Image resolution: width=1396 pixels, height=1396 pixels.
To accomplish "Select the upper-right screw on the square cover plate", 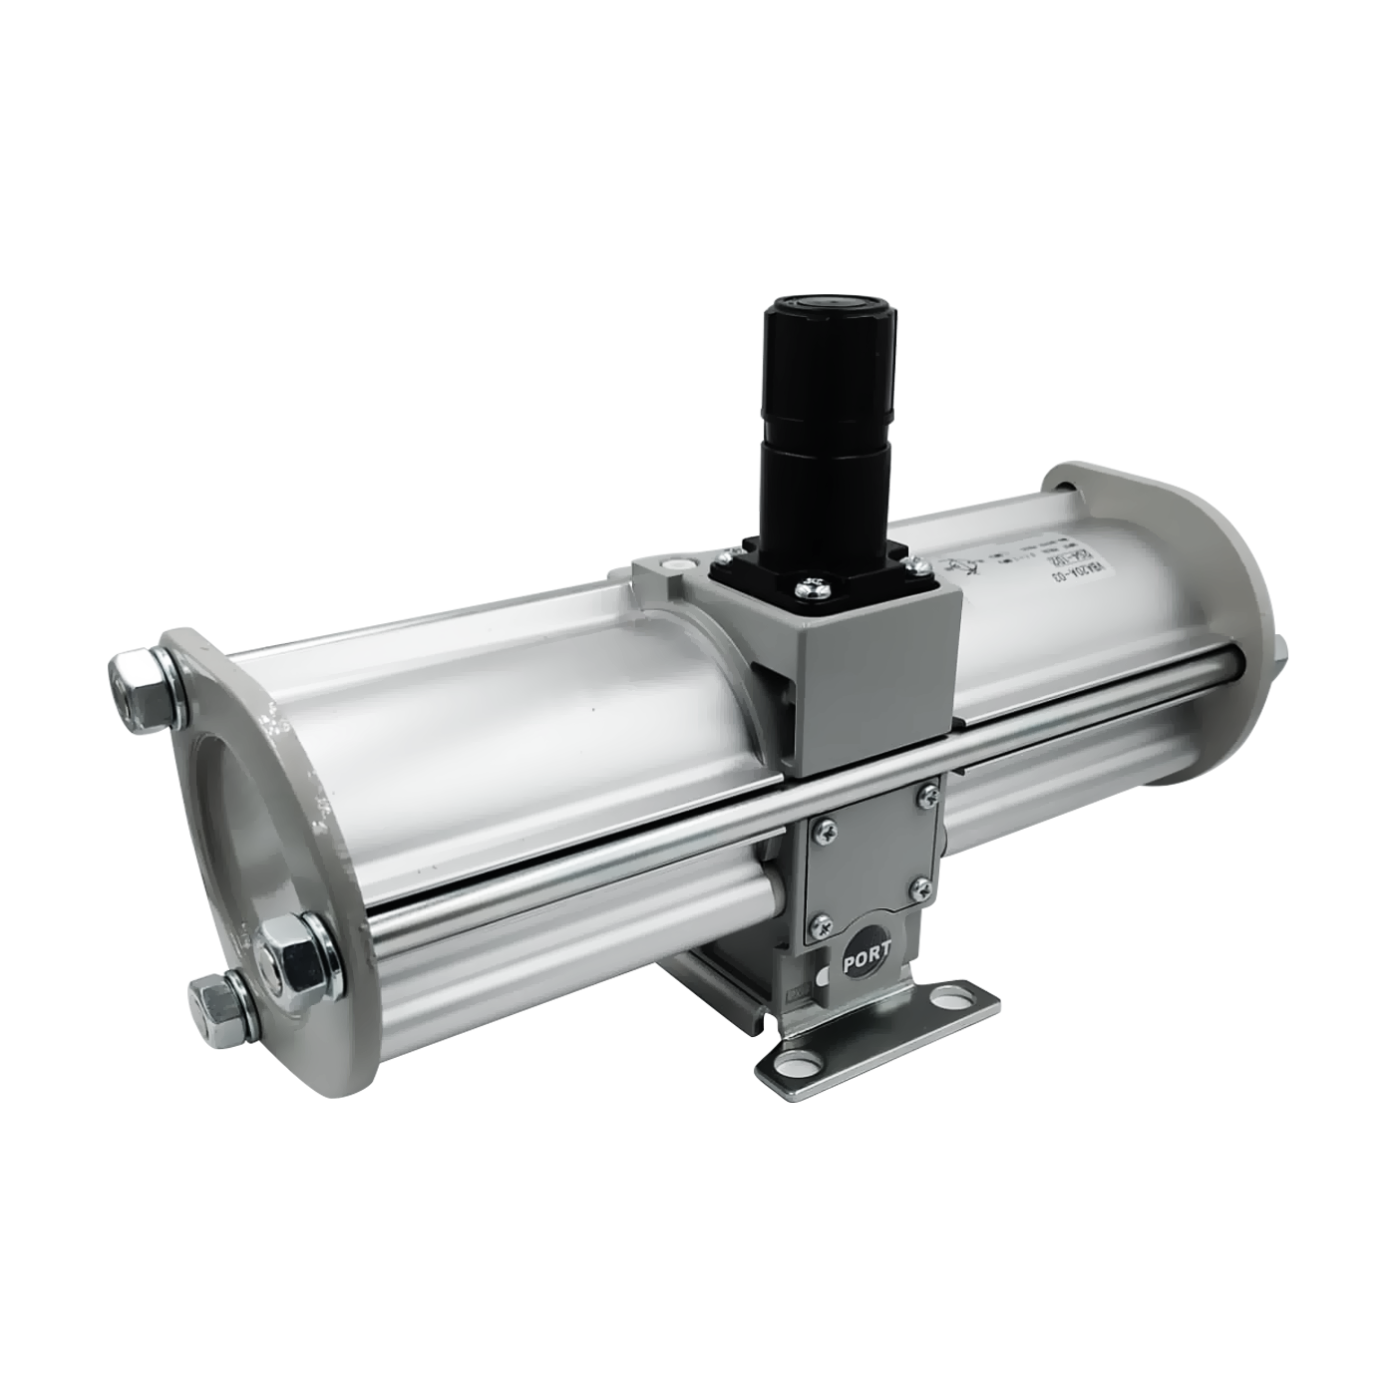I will point(928,795).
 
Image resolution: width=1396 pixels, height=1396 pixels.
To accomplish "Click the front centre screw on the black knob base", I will point(810,589).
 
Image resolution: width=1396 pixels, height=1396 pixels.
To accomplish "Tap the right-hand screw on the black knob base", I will point(917,565).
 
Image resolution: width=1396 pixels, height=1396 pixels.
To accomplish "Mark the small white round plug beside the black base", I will point(679,564).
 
